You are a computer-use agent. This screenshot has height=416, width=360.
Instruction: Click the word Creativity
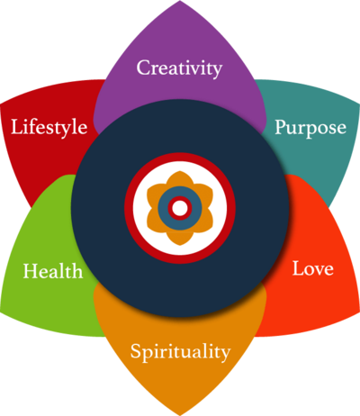tap(179, 68)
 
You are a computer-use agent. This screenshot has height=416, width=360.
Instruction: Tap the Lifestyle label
tap(49, 127)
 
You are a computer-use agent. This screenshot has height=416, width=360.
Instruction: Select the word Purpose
tap(310, 129)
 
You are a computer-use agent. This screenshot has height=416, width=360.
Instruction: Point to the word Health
tap(53, 271)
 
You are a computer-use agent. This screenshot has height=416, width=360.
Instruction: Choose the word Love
tap(313, 268)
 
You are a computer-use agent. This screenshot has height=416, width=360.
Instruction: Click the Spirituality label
tap(180, 352)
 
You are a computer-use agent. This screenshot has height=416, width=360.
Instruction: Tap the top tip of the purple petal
tap(180, 1)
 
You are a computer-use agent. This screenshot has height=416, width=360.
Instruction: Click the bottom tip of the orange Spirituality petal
tap(180, 415)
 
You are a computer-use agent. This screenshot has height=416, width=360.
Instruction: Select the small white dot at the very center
tap(180, 208)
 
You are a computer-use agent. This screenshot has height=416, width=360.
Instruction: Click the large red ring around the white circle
tap(180, 157)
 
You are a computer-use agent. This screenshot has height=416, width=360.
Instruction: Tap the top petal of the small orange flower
tap(180, 177)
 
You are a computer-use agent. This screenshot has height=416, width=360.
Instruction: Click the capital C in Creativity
tap(144, 68)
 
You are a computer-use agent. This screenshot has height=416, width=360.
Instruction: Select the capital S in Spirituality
tap(136, 351)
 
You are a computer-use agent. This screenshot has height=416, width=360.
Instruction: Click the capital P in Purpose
tap(282, 127)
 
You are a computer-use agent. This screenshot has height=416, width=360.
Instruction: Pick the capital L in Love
tap(299, 268)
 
